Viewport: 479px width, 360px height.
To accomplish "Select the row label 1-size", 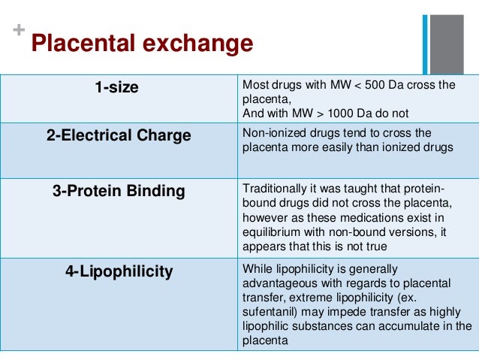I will (x=116, y=87).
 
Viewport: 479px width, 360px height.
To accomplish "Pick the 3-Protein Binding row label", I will (x=119, y=191).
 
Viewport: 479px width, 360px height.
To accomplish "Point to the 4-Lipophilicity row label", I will (x=119, y=271).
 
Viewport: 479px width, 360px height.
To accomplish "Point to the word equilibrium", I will (x=270, y=231).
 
